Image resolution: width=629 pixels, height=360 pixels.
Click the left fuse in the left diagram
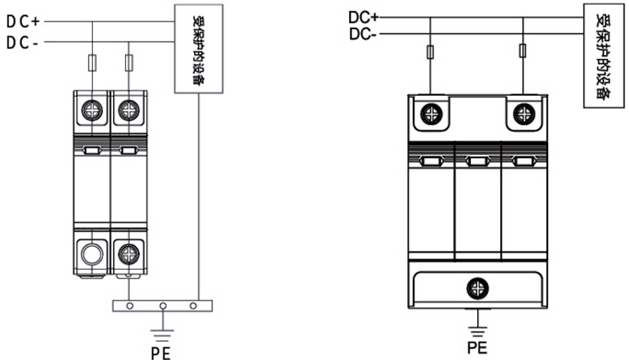tap(94, 61)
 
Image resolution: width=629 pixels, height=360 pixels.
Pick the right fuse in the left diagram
tap(128, 61)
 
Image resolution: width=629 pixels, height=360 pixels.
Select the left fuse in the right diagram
tap(431, 53)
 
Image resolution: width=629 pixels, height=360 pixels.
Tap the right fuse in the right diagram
tap(522, 53)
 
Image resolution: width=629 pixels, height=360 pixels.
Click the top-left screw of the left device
tap(92, 110)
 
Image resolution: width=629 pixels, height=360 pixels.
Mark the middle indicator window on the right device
tap(476, 162)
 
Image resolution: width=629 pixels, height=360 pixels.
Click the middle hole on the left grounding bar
tap(163, 305)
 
